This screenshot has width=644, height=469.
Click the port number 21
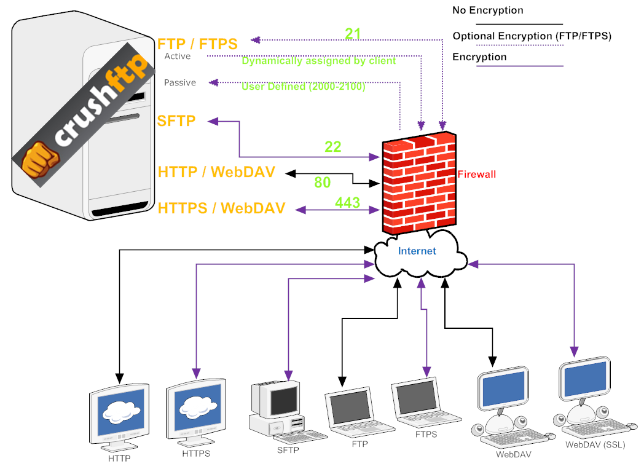click(353, 33)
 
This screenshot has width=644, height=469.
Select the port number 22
click(332, 147)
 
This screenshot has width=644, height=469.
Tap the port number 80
click(322, 183)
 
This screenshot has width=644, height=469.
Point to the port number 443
click(347, 202)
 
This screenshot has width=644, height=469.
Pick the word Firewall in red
click(476, 175)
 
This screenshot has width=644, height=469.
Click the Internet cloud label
click(417, 251)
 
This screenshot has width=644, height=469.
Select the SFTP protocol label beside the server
click(176, 121)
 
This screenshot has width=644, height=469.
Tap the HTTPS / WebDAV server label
click(221, 208)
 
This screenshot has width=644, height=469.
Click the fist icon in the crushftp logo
click(39, 159)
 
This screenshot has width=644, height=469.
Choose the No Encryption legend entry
click(487, 10)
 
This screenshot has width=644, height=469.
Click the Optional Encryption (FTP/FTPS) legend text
click(532, 36)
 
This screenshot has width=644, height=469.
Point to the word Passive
click(180, 83)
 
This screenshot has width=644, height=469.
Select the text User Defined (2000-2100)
click(303, 87)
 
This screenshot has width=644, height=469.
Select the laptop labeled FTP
click(356, 412)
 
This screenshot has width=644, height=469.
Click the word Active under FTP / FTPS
click(178, 57)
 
